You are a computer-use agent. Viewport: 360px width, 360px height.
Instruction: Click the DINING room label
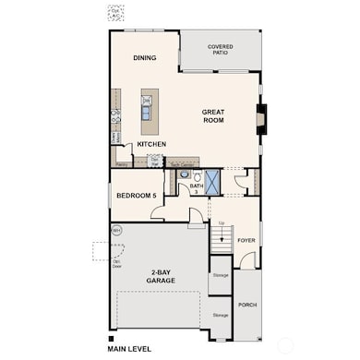144,58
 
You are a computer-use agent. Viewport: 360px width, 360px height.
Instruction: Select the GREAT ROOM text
214,115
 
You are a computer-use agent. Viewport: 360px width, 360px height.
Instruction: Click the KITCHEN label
151,145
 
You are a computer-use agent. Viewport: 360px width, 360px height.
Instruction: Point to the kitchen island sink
147,113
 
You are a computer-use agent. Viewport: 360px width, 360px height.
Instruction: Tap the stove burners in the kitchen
116,115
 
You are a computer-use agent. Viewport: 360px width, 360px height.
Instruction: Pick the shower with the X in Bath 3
211,180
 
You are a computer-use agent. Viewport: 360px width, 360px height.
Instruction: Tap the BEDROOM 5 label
136,197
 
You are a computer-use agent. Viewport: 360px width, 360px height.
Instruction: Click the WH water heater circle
116,230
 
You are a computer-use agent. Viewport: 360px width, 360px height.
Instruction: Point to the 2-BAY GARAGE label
162,276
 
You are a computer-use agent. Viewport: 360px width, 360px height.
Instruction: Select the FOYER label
246,240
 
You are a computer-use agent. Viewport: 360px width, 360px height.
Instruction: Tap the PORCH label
246,304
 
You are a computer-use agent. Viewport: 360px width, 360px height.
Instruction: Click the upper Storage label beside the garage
220,275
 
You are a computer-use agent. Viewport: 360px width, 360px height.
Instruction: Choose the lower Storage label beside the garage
220,315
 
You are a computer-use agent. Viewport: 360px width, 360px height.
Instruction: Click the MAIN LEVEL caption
127,350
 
